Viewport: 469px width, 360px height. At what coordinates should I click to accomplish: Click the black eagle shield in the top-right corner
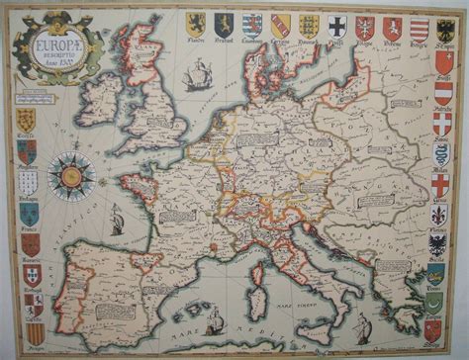pos(445,28)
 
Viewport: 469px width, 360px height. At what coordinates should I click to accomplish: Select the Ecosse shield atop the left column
pos(27,118)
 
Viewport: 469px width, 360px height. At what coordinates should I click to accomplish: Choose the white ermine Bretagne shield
pos(28,183)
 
